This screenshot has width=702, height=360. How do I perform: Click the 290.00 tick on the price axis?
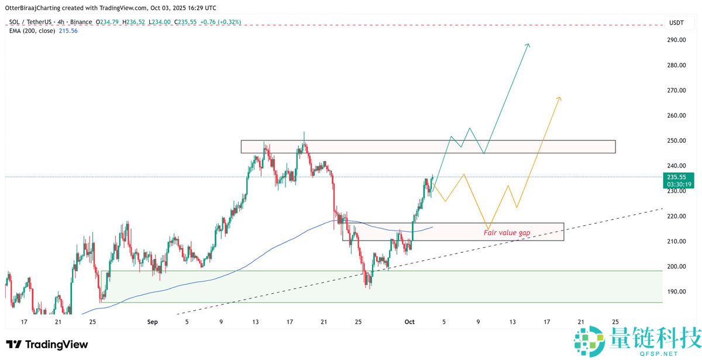pos(677,40)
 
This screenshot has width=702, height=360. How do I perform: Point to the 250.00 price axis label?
pos(677,140)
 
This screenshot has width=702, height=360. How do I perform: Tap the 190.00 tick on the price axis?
pos(677,292)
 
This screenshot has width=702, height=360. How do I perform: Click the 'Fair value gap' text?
pos(507,232)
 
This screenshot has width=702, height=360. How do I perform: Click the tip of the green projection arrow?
pos(529,44)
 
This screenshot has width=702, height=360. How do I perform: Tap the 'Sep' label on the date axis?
pos(153,321)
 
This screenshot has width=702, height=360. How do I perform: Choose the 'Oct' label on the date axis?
pos(409,321)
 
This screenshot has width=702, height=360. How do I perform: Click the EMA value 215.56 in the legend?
pos(68,30)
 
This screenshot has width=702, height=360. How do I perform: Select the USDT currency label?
pos(676,23)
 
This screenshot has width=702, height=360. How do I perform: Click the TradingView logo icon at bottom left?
pos(14,344)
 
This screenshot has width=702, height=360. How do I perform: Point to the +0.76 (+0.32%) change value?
pos(221,22)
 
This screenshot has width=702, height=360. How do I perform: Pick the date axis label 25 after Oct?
pos(615,321)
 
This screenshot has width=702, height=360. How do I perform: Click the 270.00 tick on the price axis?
pos(677,90)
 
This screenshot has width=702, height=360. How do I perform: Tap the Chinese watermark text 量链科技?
pos(654,339)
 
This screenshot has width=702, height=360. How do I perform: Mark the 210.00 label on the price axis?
pos(677,241)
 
